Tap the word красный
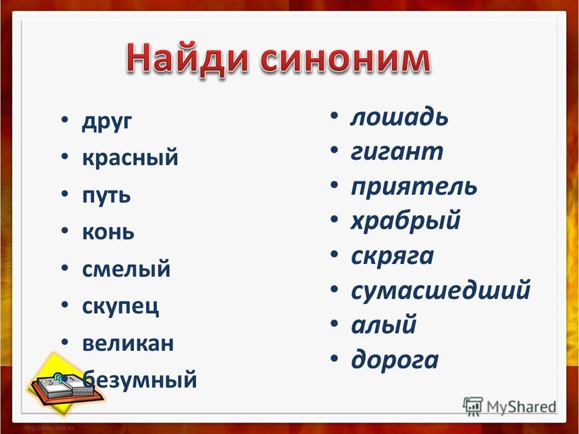[x=130, y=157]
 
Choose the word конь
[x=108, y=231]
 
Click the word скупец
[x=121, y=306]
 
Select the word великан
[x=128, y=342]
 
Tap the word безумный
[x=139, y=379]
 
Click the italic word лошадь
[x=399, y=117]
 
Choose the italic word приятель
[x=414, y=186]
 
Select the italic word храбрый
[x=405, y=221]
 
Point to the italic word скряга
[x=392, y=256]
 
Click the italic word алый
[x=384, y=324]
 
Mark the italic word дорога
[x=394, y=359]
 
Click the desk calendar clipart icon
[x=65, y=384]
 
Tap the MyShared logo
[x=510, y=406]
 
